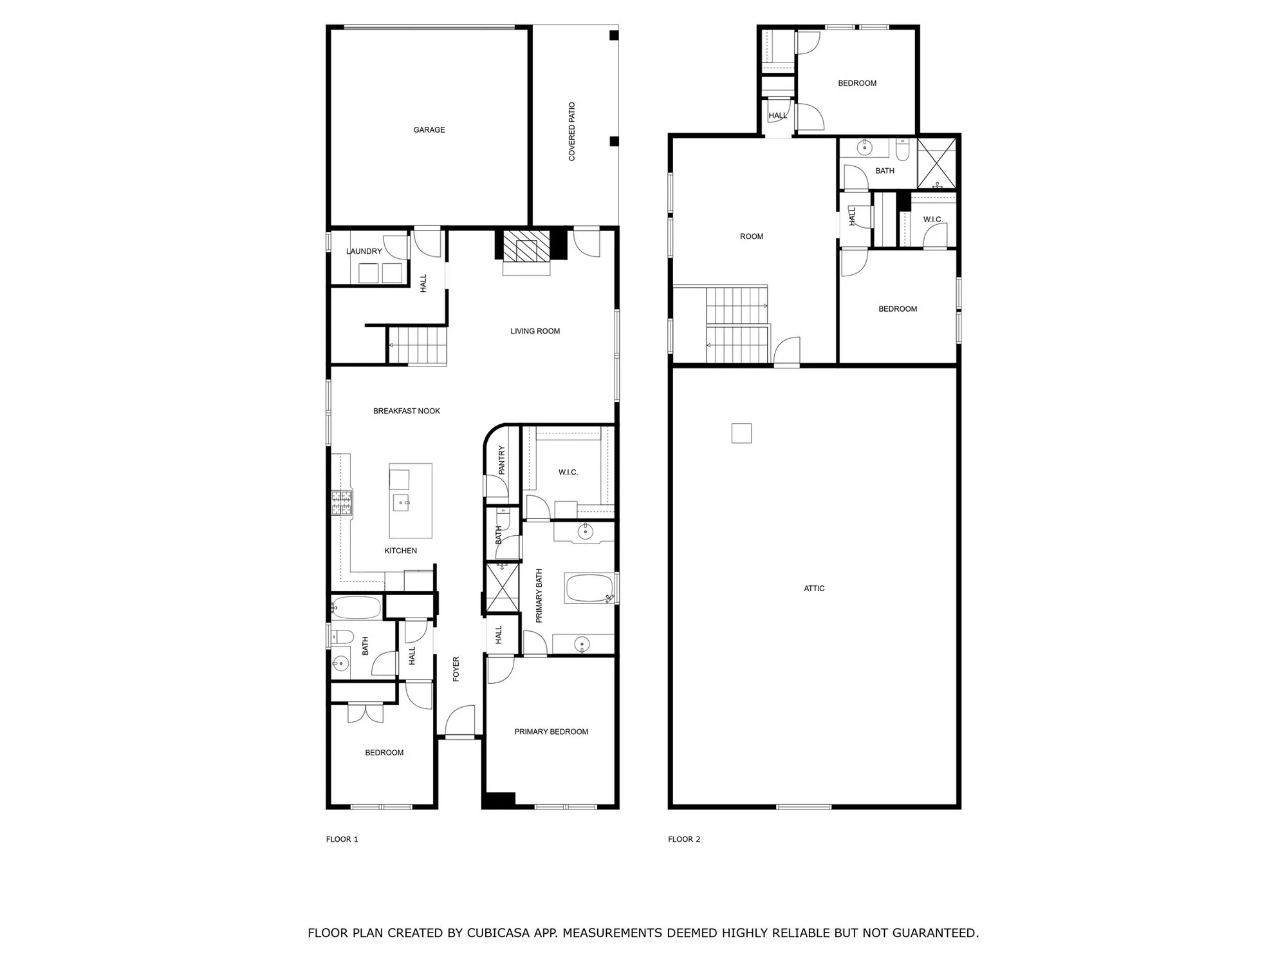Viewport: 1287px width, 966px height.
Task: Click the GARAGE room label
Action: pyautogui.click(x=429, y=130)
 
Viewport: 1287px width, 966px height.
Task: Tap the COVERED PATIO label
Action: pyautogui.click(x=571, y=131)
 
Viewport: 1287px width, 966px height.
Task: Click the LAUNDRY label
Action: pyautogui.click(x=364, y=251)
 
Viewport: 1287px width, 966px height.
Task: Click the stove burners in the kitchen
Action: pyautogui.click(x=342, y=503)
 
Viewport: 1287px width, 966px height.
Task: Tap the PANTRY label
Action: pyautogui.click(x=502, y=460)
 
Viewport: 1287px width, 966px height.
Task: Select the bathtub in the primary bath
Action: pyautogui.click(x=589, y=588)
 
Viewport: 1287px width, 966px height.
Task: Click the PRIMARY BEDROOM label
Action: pyautogui.click(x=551, y=732)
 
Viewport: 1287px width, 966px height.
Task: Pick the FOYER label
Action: pyautogui.click(x=456, y=669)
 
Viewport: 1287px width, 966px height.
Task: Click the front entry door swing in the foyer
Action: pyautogui.click(x=461, y=720)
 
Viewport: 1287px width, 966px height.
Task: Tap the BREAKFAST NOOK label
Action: pyautogui.click(x=407, y=411)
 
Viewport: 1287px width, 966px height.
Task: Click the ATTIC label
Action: pyautogui.click(x=814, y=588)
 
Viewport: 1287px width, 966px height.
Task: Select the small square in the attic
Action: pyautogui.click(x=741, y=433)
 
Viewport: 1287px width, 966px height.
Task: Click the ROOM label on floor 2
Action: pyautogui.click(x=752, y=236)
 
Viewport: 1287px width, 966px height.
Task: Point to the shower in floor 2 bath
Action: pyautogui.click(x=936, y=164)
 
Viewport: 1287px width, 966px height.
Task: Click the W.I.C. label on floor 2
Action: pyautogui.click(x=932, y=220)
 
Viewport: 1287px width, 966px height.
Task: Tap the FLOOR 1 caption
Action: pyautogui.click(x=342, y=839)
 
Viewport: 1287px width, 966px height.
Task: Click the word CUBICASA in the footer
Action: pyautogui.click(x=499, y=933)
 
